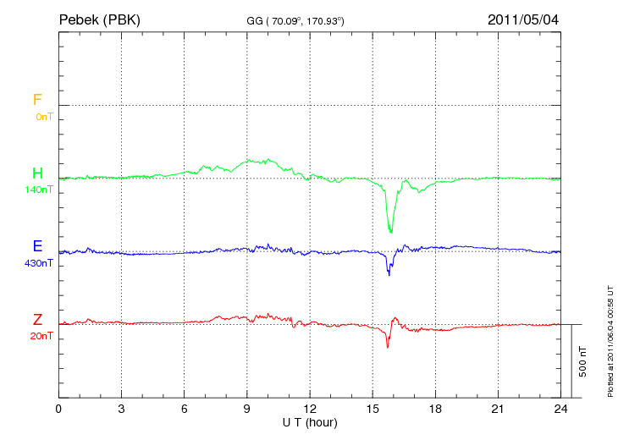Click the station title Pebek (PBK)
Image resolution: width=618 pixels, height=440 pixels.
tap(99, 19)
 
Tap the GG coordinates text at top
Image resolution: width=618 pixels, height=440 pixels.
tap(295, 20)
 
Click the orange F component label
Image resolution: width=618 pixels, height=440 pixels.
tap(37, 100)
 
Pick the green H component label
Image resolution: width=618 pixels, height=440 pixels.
tap(37, 173)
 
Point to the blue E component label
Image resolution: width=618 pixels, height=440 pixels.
tap(37, 246)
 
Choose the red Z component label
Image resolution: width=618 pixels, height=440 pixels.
tap(37, 319)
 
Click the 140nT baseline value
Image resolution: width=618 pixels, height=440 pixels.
tap(39, 190)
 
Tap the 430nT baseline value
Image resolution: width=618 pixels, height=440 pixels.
tap(39, 263)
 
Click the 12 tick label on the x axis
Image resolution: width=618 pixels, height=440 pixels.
tap(310, 409)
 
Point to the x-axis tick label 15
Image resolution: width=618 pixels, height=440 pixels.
tap(372, 409)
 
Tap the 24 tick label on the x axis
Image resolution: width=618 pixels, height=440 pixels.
tap(560, 409)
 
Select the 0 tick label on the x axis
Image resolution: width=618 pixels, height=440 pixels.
tap(58, 409)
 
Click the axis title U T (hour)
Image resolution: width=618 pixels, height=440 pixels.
tap(310, 421)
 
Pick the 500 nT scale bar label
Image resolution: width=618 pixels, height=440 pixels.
tap(582, 361)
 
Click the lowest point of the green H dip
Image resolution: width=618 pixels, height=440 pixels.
tap(390, 232)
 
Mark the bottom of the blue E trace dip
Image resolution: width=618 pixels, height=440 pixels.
tap(389, 275)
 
